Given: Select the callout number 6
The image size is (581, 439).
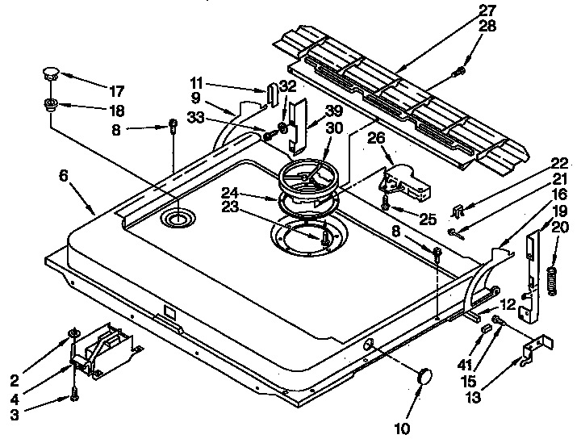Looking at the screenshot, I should (64, 174).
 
